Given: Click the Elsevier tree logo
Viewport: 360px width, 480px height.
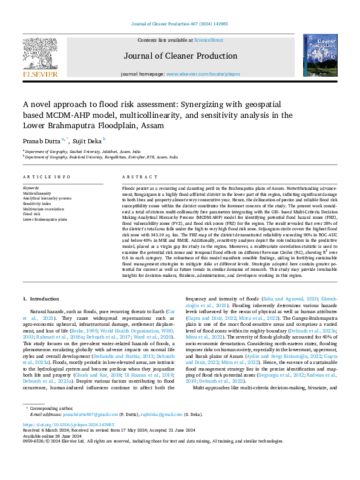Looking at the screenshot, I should [x=41, y=53].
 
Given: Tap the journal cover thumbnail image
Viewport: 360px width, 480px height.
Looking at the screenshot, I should [x=320, y=55].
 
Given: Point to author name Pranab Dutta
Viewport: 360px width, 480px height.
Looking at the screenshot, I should [x=41, y=140].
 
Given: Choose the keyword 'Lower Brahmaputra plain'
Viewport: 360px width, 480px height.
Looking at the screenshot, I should [x=45, y=219].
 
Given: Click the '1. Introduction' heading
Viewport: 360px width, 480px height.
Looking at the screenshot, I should [x=42, y=299].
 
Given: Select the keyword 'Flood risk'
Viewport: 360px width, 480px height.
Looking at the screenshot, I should [x=32, y=213].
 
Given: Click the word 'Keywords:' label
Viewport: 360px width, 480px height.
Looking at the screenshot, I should [x=31, y=188].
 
